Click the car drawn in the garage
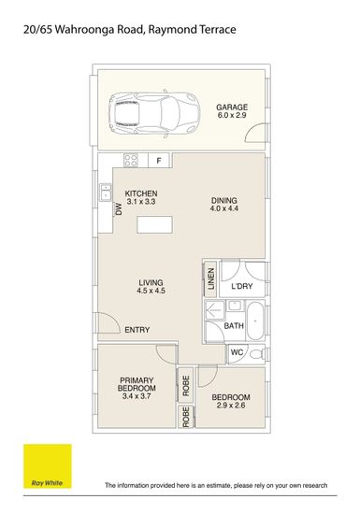click(154, 114)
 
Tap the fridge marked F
click(159, 161)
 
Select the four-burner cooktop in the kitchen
click(131, 161)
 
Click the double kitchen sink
click(106, 193)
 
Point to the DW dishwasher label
click(119, 209)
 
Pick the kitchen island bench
click(155, 224)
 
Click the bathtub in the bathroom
click(255, 321)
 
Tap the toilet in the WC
click(257, 354)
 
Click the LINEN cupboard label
click(211, 278)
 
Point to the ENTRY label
click(137, 330)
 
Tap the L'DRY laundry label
click(242, 286)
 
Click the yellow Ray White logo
click(48, 466)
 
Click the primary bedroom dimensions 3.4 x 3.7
click(137, 396)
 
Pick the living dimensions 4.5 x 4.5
click(151, 291)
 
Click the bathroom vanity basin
click(235, 306)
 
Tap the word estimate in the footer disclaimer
click(218, 485)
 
